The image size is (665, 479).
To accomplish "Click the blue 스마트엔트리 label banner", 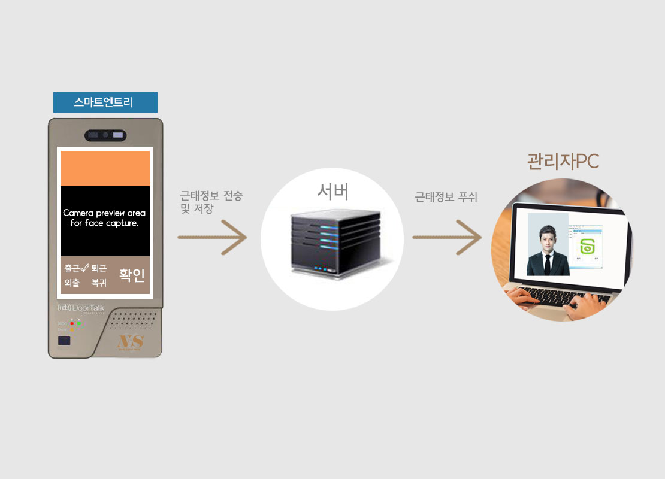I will [x=105, y=102].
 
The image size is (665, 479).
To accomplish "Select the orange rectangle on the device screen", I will [x=105, y=168].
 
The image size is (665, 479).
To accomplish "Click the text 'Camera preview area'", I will [x=104, y=213].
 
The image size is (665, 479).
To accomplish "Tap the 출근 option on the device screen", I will [x=72, y=269].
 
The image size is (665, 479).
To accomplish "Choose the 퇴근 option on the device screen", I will [x=99, y=269].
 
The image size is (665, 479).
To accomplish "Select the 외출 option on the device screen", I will [x=72, y=283].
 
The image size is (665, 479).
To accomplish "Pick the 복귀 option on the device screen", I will [x=99, y=283].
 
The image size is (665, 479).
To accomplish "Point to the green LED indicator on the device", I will [x=79, y=323].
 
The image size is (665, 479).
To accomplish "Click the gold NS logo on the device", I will [x=130, y=342].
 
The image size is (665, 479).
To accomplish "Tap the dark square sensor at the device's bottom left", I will [x=64, y=341].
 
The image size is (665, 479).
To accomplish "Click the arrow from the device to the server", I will [x=213, y=238].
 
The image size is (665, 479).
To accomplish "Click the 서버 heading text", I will [x=332, y=192].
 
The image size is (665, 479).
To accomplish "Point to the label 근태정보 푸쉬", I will [x=446, y=196].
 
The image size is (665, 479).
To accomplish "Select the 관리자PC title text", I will [x=563, y=161].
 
